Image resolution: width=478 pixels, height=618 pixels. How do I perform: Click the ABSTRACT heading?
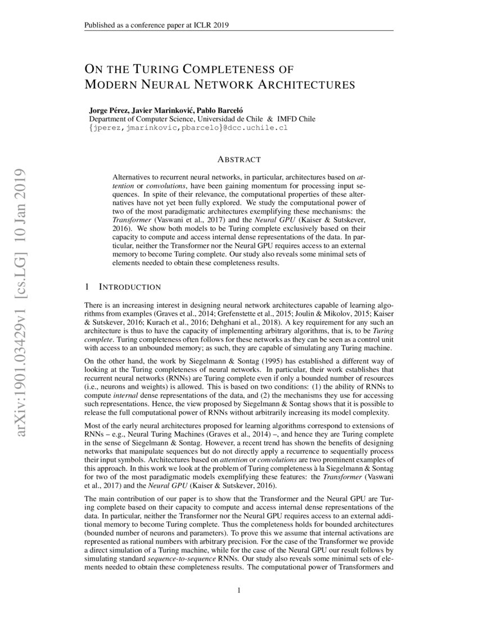pos(238,160)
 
